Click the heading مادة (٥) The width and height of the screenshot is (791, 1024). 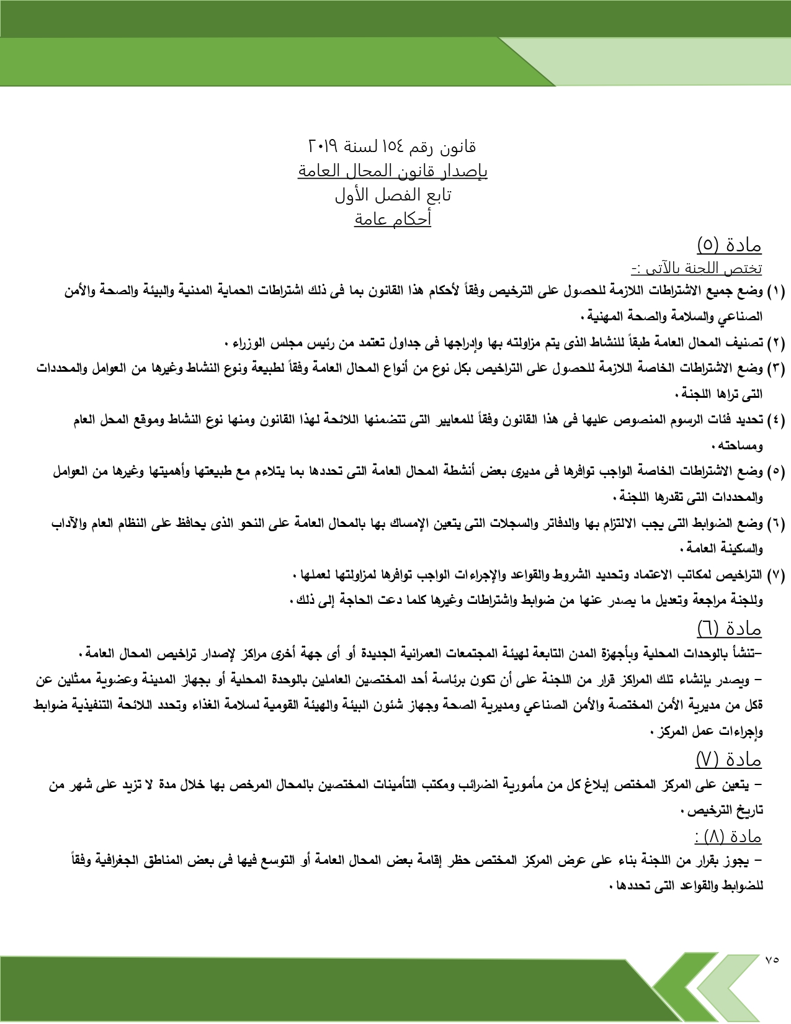729,245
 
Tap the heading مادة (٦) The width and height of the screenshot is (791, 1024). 729,629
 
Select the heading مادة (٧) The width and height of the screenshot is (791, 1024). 728,759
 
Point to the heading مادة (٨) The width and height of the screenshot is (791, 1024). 728,837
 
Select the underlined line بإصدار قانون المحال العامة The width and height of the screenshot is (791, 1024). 393,171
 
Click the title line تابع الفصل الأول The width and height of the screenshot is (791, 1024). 393,195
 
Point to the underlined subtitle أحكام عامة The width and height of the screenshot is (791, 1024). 393,219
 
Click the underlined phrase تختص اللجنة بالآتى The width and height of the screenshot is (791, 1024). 697,269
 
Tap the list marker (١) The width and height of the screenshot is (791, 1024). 776,291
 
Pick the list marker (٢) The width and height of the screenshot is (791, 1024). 776,343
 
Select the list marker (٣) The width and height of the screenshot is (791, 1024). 776,369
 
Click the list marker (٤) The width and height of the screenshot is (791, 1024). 776,420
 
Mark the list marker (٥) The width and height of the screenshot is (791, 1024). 776,472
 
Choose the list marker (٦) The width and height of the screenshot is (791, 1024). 776,524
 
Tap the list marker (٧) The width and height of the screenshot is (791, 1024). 776,575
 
